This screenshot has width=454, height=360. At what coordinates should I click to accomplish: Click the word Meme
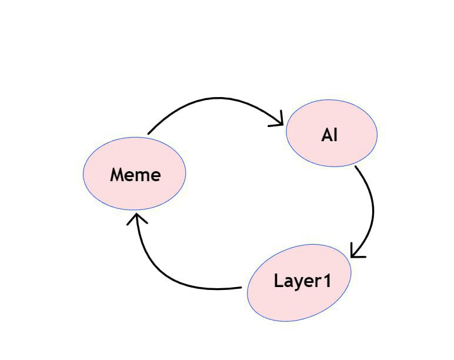coord(135,175)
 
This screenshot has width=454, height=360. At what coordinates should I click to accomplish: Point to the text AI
coord(329,135)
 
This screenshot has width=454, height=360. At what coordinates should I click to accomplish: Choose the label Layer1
coord(302,281)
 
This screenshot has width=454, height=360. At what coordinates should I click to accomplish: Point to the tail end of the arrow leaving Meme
coord(148,134)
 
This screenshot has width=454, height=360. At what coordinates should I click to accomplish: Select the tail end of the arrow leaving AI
coord(356,167)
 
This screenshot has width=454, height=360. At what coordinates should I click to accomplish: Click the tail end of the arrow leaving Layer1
coord(241,288)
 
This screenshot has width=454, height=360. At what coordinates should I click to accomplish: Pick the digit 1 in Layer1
coord(326,281)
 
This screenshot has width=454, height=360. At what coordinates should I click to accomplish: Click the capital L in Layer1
coord(278,281)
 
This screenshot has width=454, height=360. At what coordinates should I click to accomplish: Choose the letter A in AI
coord(326,135)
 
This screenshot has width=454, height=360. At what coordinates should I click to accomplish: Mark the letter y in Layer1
coord(296,283)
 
